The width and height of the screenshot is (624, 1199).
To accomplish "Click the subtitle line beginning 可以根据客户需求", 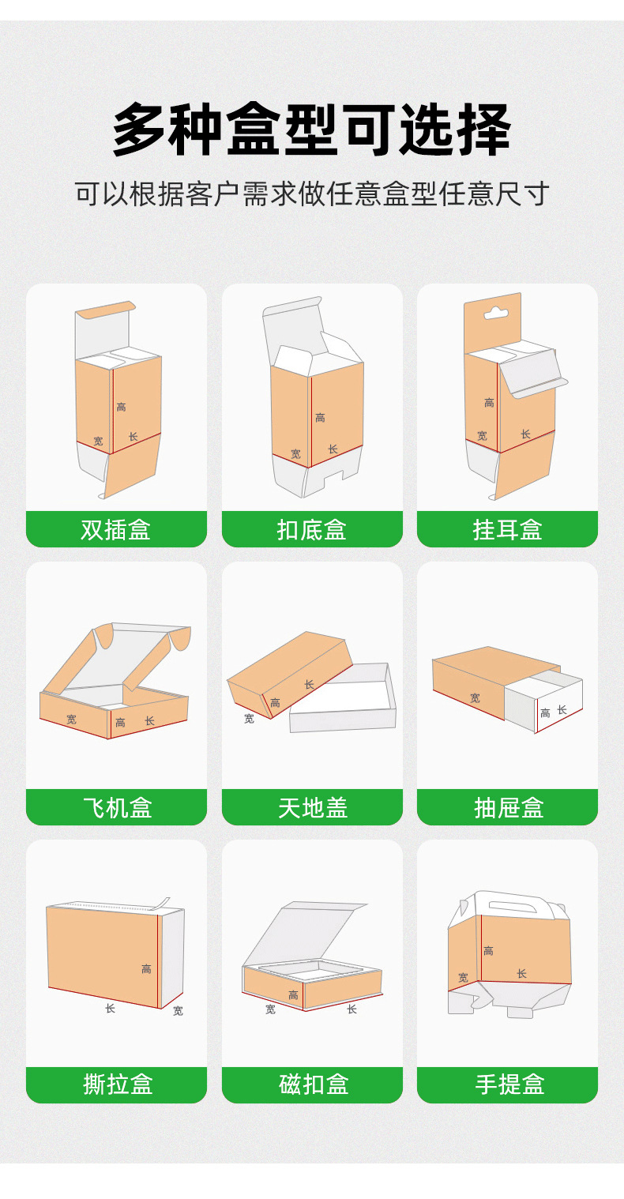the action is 312,194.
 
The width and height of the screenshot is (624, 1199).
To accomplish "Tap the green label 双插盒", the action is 116,529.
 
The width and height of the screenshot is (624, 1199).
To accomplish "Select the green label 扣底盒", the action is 312,529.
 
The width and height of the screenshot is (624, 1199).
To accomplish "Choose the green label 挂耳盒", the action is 507,529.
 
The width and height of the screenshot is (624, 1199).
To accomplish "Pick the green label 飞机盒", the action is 116,807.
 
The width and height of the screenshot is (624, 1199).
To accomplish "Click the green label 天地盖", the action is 312,807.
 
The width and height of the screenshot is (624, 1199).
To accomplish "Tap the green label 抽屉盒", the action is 507,807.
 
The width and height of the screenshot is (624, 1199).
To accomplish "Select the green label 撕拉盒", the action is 116,1084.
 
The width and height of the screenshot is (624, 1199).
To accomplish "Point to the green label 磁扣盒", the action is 312,1084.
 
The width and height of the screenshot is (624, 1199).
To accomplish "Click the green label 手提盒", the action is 507,1084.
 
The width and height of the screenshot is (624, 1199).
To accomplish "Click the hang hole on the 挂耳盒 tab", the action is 495,313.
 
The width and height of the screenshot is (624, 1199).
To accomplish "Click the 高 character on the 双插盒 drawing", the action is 121,407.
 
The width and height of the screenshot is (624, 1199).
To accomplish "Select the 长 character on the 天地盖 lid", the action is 309,684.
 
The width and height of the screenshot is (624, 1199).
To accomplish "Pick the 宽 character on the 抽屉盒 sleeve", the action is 475,698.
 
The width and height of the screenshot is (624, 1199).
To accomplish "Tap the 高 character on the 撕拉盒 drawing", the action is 146,968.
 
